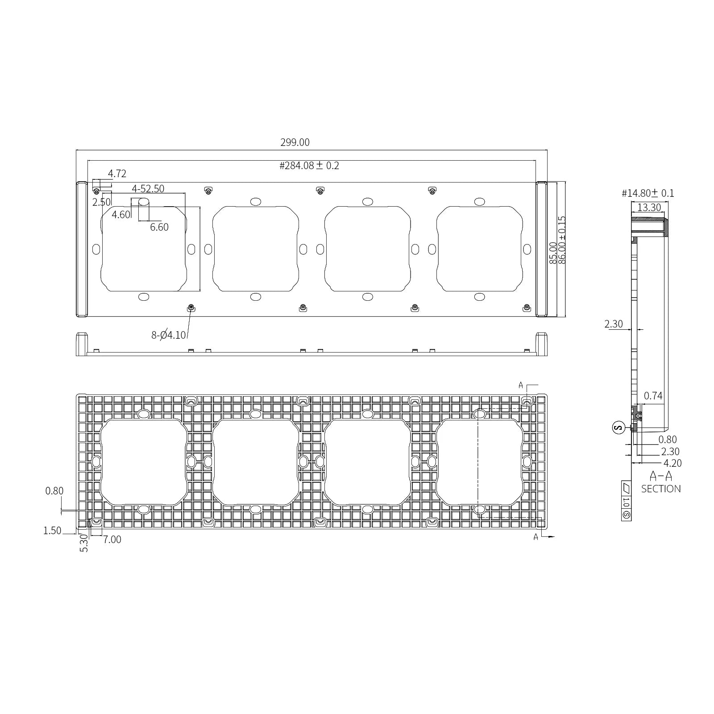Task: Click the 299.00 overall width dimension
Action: tap(295, 142)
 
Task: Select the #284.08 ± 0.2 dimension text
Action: tap(309, 166)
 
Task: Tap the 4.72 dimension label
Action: tap(117, 174)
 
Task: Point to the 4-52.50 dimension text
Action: tap(148, 189)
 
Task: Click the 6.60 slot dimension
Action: tap(159, 227)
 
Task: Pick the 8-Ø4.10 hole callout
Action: tap(168, 335)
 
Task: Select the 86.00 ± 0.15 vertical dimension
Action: tap(562, 240)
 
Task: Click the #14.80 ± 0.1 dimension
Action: tap(648, 193)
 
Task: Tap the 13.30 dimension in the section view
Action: tap(649, 208)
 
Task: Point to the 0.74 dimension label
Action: tap(653, 396)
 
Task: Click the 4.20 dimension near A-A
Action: tap(672, 463)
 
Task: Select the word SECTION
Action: tap(661, 489)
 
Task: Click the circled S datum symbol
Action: tap(618, 428)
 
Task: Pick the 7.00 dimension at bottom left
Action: tap(112, 540)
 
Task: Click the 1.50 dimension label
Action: tap(52, 531)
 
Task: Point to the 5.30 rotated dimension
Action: tap(84, 544)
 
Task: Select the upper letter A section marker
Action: tap(520, 385)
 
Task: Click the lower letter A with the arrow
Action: tap(536, 537)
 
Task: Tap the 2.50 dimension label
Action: tap(101, 202)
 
